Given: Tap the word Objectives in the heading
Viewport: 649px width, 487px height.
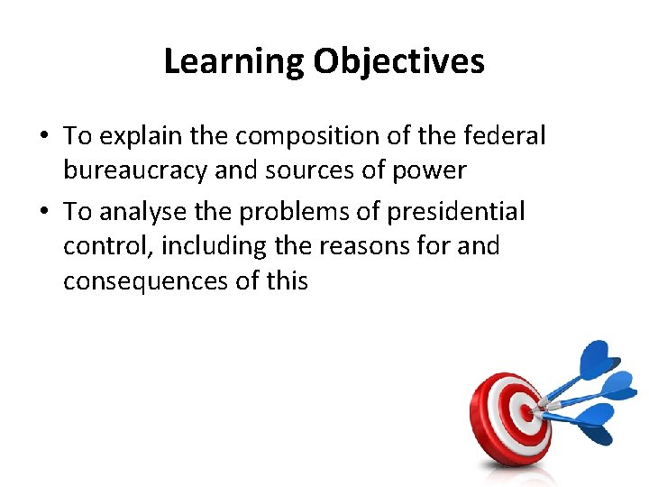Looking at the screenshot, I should [399, 62].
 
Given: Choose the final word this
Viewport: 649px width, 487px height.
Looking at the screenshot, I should [287, 281].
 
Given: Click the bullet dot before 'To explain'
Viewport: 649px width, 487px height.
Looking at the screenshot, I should [43, 137].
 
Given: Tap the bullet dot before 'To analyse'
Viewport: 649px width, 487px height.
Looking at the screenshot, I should [43, 212].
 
